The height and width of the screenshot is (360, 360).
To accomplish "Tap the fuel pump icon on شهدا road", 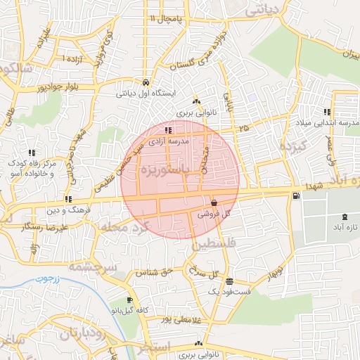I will click(293, 195).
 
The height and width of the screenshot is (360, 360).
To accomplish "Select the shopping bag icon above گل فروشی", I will click(213, 202).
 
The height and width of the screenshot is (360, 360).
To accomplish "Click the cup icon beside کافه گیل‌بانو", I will click(129, 301).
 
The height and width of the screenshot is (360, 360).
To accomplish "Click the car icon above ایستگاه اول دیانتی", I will click(146, 81).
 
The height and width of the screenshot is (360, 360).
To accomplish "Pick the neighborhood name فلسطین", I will click(210, 244).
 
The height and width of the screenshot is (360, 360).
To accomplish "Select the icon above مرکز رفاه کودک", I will click(32, 152).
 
